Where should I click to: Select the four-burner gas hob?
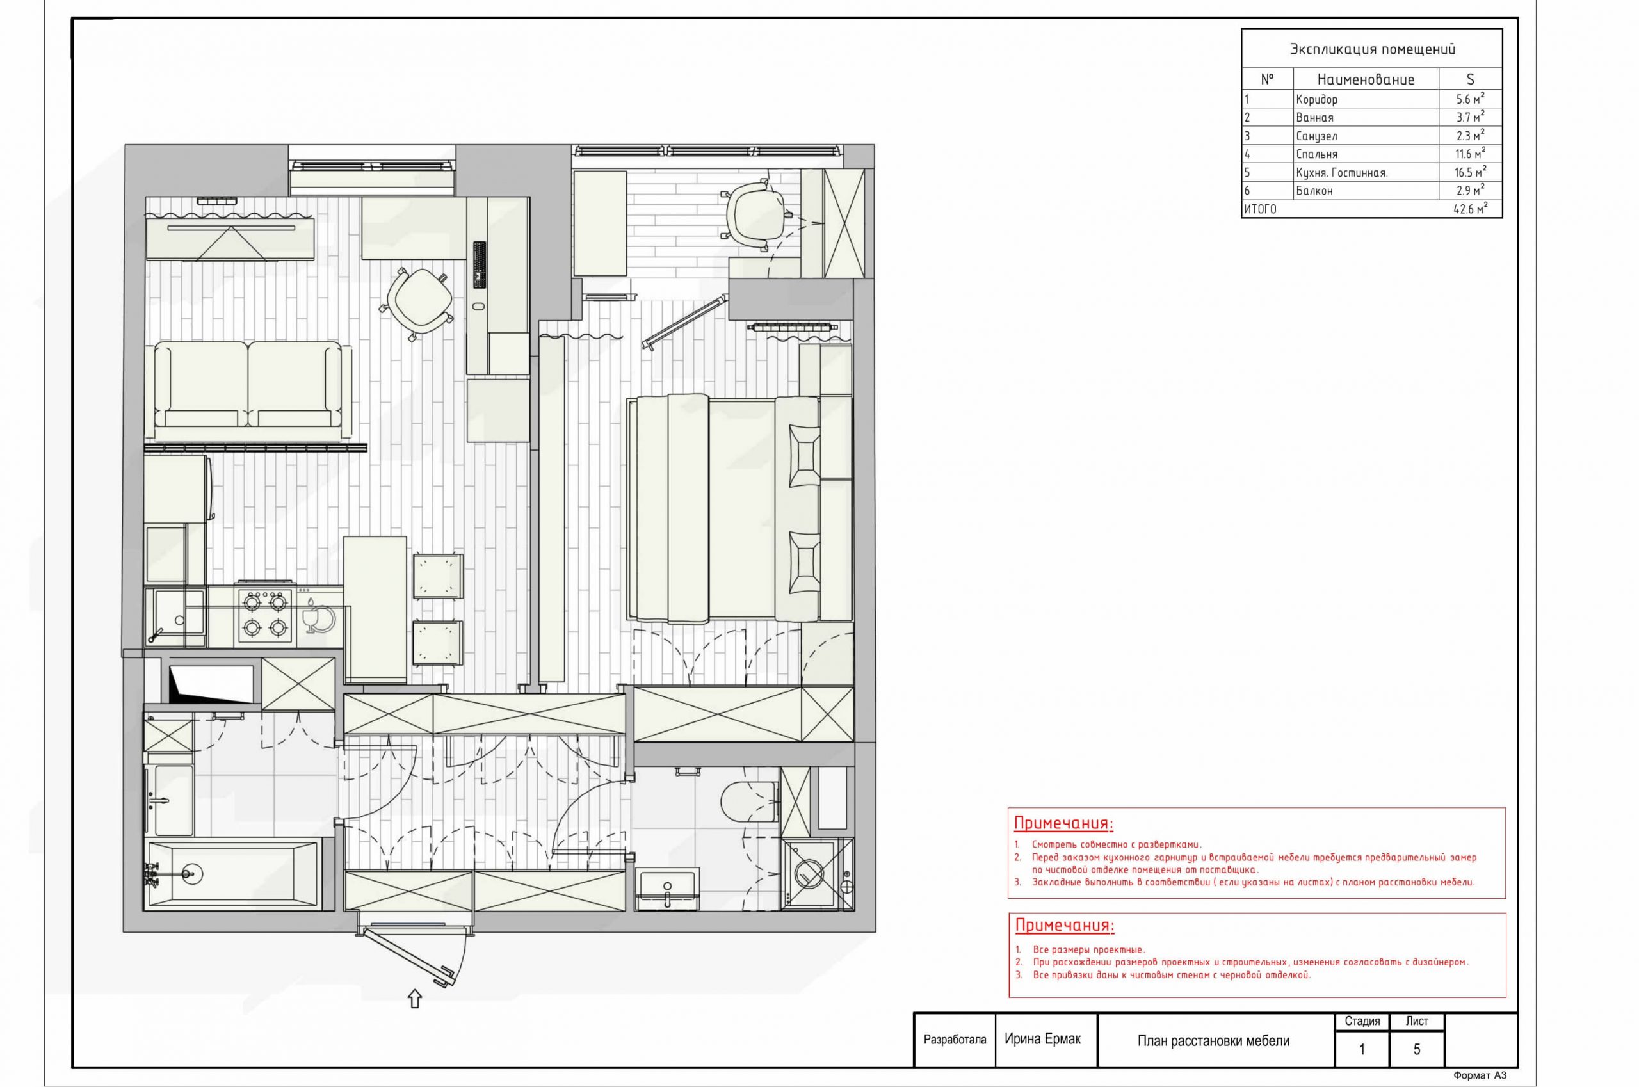click(264, 614)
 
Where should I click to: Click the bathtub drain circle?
click(192, 874)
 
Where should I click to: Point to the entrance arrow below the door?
click(415, 998)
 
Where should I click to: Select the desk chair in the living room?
click(417, 303)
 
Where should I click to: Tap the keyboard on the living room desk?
click(479, 264)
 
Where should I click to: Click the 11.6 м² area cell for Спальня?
click(1470, 154)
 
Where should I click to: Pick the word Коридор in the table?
click(1316, 99)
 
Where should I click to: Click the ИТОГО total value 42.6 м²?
click(1470, 209)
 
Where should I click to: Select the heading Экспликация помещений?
click(1372, 49)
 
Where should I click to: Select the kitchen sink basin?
click(178, 611)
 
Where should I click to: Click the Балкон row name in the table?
click(1314, 191)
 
